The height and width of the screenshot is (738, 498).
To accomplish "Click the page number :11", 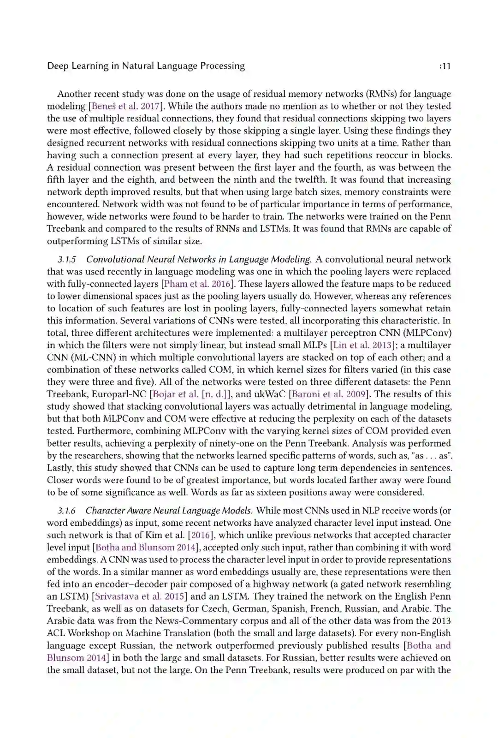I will click(445, 66).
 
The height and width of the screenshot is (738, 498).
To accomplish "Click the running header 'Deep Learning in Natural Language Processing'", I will click(146, 66).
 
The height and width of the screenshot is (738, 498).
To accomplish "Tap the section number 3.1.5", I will click(67, 259).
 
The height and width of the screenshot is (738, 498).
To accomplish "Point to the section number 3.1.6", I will click(67, 511).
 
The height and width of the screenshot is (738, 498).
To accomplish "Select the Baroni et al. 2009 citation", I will click(329, 394).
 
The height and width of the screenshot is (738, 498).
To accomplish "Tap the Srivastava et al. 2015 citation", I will click(139, 596).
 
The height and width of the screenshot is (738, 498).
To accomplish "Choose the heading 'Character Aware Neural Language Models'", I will click(169, 511).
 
